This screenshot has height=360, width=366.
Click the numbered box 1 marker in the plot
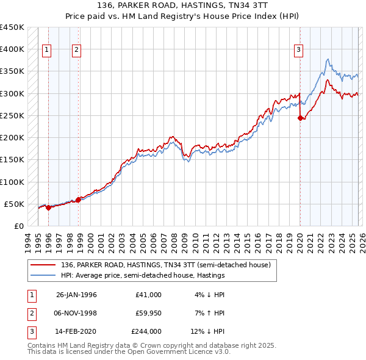tap(48, 50)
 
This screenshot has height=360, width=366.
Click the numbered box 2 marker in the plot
tap(76, 50)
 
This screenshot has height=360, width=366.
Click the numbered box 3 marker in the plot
tap(299, 50)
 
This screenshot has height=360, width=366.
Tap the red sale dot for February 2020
tap(300, 118)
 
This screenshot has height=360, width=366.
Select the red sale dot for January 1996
tap(48, 208)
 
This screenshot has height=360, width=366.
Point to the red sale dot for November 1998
tap(78, 200)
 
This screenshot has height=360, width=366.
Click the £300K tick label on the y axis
tap(12, 93)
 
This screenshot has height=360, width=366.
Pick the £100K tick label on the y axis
tap(12, 182)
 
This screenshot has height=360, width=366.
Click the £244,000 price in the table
tap(146, 331)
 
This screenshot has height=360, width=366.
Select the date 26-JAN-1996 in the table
tap(76, 295)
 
